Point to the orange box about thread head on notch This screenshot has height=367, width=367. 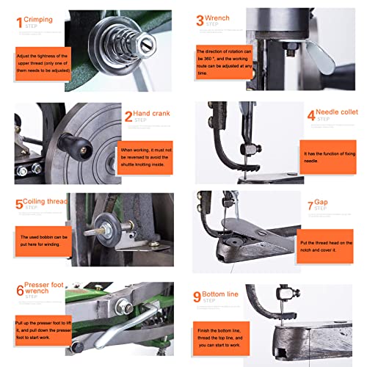pos(327,245)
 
